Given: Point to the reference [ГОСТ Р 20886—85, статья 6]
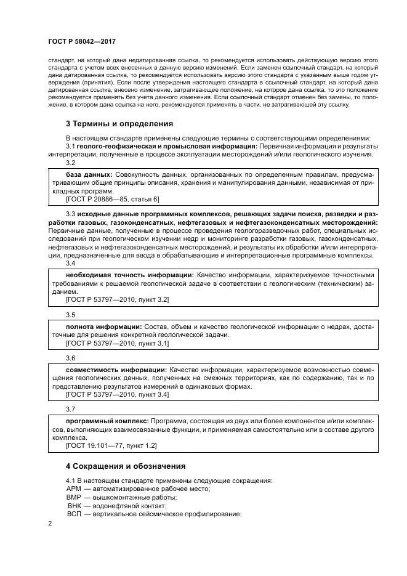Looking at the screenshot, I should pyautogui.click(x=111, y=199).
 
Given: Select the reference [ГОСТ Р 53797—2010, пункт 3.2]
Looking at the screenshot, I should pyautogui.click(x=117, y=299).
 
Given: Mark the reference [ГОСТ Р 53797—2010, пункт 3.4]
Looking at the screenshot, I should pyautogui.click(x=117, y=394).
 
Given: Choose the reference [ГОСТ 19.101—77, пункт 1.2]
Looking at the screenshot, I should pyautogui.click(x=111, y=445).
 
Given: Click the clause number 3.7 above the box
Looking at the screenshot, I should pyautogui.click(x=70, y=409).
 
